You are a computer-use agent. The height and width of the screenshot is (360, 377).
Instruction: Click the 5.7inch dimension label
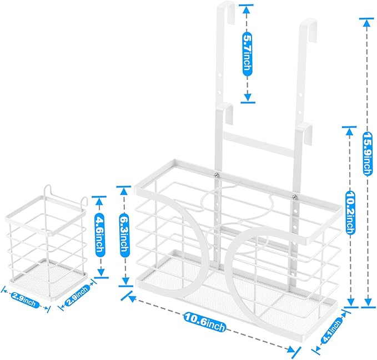coord(247,54)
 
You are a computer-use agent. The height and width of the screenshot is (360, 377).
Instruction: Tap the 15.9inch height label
coord(367,153)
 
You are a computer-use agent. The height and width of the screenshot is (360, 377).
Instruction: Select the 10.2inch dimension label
coord(350,212)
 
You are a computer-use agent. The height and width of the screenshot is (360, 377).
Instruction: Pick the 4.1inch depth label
coord(332,329)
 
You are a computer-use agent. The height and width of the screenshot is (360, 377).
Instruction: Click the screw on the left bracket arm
coord(217,175)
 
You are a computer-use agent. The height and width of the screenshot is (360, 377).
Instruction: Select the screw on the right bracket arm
coord(294,197)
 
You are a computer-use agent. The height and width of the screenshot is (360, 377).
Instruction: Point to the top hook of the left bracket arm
coord(228,11)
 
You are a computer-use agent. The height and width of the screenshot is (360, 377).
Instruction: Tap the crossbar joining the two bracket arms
coord(259,144)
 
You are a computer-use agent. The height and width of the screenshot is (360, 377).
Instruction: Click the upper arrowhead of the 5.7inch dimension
coord(246,9)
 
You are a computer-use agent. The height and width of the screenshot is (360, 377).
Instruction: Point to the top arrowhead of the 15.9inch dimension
coord(366,23)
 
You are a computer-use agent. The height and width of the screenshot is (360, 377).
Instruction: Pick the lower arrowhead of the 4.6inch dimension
coord(101,272)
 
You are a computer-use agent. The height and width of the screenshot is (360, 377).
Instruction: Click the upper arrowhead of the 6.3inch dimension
coord(124,191)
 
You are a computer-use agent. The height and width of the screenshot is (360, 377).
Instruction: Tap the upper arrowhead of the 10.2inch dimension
coord(349,131)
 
